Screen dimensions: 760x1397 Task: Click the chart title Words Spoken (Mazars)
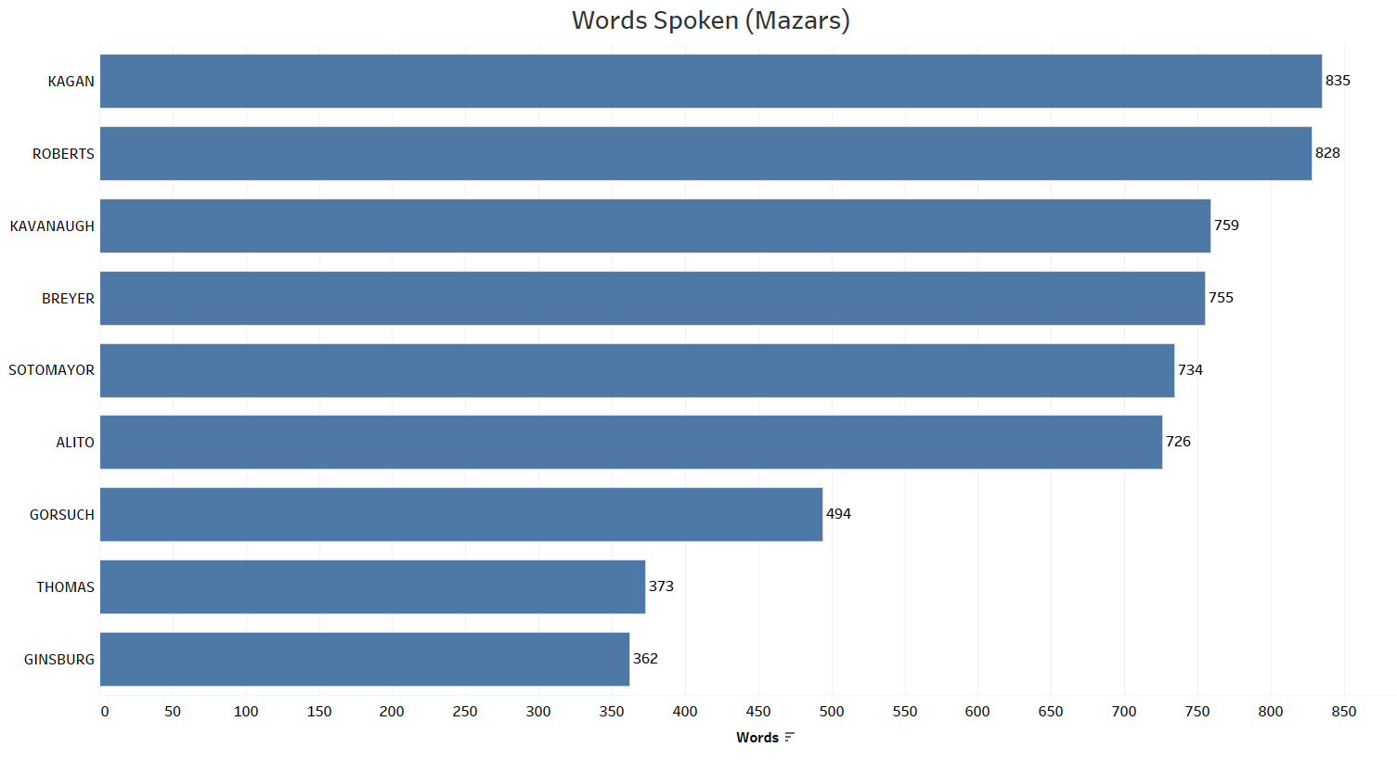(x=710, y=20)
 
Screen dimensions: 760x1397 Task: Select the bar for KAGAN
(x=710, y=81)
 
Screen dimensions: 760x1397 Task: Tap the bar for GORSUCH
(x=460, y=514)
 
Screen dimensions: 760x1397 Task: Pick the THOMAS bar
(x=372, y=586)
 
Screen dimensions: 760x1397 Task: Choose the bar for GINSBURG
(x=364, y=659)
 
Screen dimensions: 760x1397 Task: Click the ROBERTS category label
(x=63, y=154)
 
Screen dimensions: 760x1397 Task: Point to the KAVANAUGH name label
(x=52, y=226)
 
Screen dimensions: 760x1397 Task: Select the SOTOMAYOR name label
(x=51, y=370)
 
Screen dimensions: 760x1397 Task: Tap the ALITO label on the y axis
(x=75, y=443)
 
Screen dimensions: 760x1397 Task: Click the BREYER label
(x=68, y=299)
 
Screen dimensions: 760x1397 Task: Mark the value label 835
(x=1338, y=81)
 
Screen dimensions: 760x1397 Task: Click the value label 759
(x=1226, y=225)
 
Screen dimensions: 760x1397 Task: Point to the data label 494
(x=838, y=514)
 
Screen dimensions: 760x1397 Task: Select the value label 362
(x=645, y=659)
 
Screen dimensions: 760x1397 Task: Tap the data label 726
(x=1178, y=442)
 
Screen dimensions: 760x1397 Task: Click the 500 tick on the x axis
(x=832, y=712)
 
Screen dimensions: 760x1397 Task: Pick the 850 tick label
(x=1343, y=712)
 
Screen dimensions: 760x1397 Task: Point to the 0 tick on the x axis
(x=104, y=712)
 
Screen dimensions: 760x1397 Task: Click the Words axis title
(x=757, y=738)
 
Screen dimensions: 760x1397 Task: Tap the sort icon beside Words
(x=790, y=738)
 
